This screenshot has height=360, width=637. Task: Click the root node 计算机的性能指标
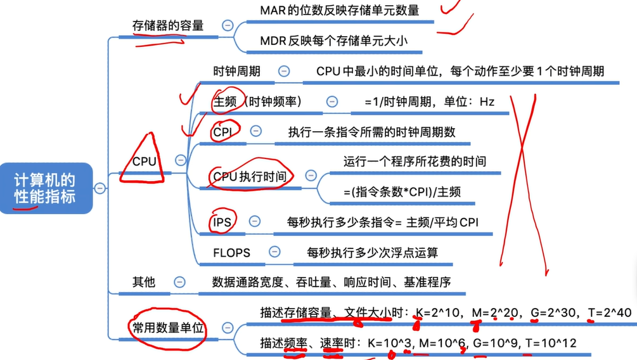click(x=46, y=188)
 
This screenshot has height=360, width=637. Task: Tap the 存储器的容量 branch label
click(x=168, y=25)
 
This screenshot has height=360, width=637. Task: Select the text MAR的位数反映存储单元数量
click(x=339, y=10)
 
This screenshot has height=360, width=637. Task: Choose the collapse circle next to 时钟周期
click(x=284, y=72)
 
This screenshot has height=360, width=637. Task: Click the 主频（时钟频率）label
click(x=257, y=101)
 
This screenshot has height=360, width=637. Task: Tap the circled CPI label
click(x=222, y=132)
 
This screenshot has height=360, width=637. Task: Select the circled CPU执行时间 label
click(x=249, y=176)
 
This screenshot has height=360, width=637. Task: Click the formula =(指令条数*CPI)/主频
click(x=402, y=191)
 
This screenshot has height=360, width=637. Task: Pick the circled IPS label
click(x=222, y=221)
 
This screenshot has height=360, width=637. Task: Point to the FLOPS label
click(x=232, y=252)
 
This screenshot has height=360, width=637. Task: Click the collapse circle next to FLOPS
click(x=274, y=252)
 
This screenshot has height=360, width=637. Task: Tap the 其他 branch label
click(x=143, y=282)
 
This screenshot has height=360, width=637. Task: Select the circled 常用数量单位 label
click(x=168, y=328)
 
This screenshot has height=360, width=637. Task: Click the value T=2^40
click(x=611, y=312)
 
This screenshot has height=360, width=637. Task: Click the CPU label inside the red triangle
click(x=145, y=161)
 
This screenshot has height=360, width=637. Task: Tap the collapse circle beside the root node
click(x=100, y=188)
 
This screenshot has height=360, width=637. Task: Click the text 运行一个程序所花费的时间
click(x=415, y=161)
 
